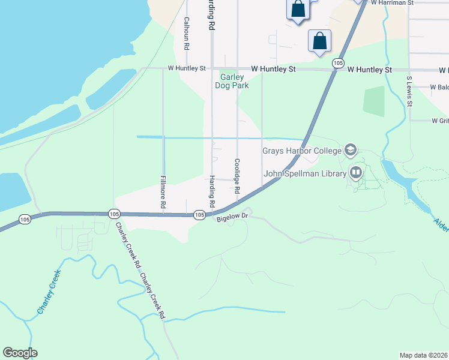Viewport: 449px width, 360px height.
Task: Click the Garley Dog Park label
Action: tap(232, 81)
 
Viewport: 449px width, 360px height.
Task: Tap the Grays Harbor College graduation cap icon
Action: tap(350, 150)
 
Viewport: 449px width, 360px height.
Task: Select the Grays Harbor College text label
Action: tap(301, 151)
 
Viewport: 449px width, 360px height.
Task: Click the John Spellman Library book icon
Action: tap(356, 173)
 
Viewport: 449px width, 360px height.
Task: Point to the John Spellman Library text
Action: tap(305, 174)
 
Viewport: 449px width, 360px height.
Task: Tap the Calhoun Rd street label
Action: tap(187, 33)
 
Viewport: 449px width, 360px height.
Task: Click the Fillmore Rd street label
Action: tap(163, 192)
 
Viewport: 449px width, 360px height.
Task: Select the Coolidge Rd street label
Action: tap(237, 176)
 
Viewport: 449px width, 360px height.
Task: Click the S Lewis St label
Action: tap(409, 91)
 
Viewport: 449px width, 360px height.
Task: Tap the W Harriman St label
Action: tap(393, 3)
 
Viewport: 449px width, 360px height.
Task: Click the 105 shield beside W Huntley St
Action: tap(338, 62)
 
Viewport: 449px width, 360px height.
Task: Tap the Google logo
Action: tap(20, 353)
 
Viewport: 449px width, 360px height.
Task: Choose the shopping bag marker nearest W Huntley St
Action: tap(320, 41)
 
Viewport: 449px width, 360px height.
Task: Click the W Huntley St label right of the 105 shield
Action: tap(370, 70)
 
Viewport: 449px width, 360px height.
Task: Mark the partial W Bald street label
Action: tap(439, 87)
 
